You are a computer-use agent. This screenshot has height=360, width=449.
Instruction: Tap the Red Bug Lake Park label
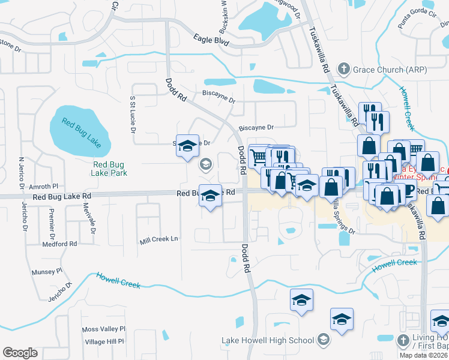[109, 169]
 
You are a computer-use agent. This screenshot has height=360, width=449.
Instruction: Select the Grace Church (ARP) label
[390, 70]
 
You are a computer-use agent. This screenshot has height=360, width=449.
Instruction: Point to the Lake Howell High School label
[268, 341]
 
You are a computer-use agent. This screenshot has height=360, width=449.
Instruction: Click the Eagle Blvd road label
[211, 40]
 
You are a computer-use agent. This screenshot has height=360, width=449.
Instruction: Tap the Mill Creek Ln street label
[159, 239]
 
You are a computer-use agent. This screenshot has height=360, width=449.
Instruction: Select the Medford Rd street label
[59, 244]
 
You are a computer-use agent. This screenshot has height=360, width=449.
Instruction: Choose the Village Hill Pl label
[104, 341]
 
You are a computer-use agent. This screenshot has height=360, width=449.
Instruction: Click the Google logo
[20, 353]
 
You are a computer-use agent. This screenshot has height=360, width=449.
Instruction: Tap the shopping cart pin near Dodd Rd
[258, 157]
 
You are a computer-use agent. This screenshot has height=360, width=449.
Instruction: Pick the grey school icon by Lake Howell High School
[324, 341]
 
